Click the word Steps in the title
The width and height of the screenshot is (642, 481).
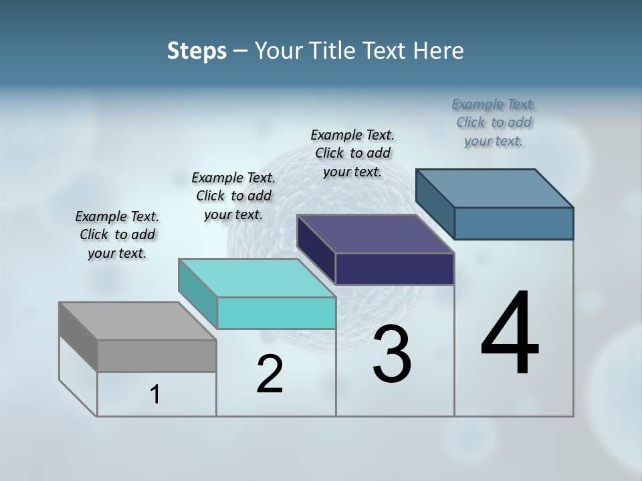pos(197,51)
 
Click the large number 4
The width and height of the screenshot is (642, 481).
pos(510,334)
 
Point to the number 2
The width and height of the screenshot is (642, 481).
pos(270,374)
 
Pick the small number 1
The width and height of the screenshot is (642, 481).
pos(155,395)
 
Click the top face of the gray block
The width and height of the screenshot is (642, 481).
pos(138,321)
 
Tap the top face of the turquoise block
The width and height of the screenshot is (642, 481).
pos(257,278)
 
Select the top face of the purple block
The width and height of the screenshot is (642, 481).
pos(376,234)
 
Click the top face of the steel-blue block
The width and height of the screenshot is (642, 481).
pos(495,188)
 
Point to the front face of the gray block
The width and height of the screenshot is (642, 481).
pos(156,356)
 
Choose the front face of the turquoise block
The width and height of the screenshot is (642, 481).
pos(276,313)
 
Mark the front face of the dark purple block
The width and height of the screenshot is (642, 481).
pos(395,269)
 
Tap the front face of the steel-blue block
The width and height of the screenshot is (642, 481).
pos(514,223)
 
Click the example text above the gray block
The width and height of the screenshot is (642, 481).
pos(117,234)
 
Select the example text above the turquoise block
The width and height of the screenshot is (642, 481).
pos(233,196)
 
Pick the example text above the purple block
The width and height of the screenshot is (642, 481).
pos(352,153)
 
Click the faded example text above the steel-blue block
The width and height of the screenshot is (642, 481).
pos(494,122)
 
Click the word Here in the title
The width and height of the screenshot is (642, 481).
pos(439,51)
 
